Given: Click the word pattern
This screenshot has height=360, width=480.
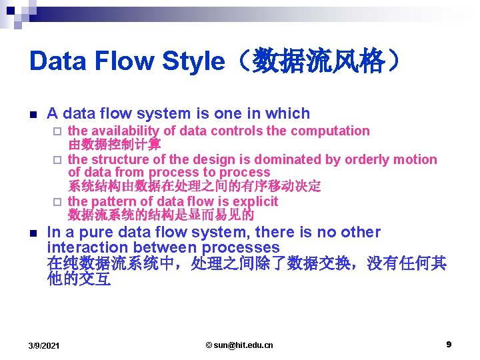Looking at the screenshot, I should (115, 201).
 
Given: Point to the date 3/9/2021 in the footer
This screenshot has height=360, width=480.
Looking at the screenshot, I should (44, 345).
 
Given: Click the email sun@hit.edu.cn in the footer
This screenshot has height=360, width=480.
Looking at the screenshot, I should (239, 345).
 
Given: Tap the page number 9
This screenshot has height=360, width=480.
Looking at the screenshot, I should (449, 344).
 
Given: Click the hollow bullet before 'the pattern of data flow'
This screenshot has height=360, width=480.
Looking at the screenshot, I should (58, 202).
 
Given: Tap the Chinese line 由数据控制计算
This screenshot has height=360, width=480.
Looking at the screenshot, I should (114, 145).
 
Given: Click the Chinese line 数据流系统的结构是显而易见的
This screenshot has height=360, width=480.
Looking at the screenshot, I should (161, 215).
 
